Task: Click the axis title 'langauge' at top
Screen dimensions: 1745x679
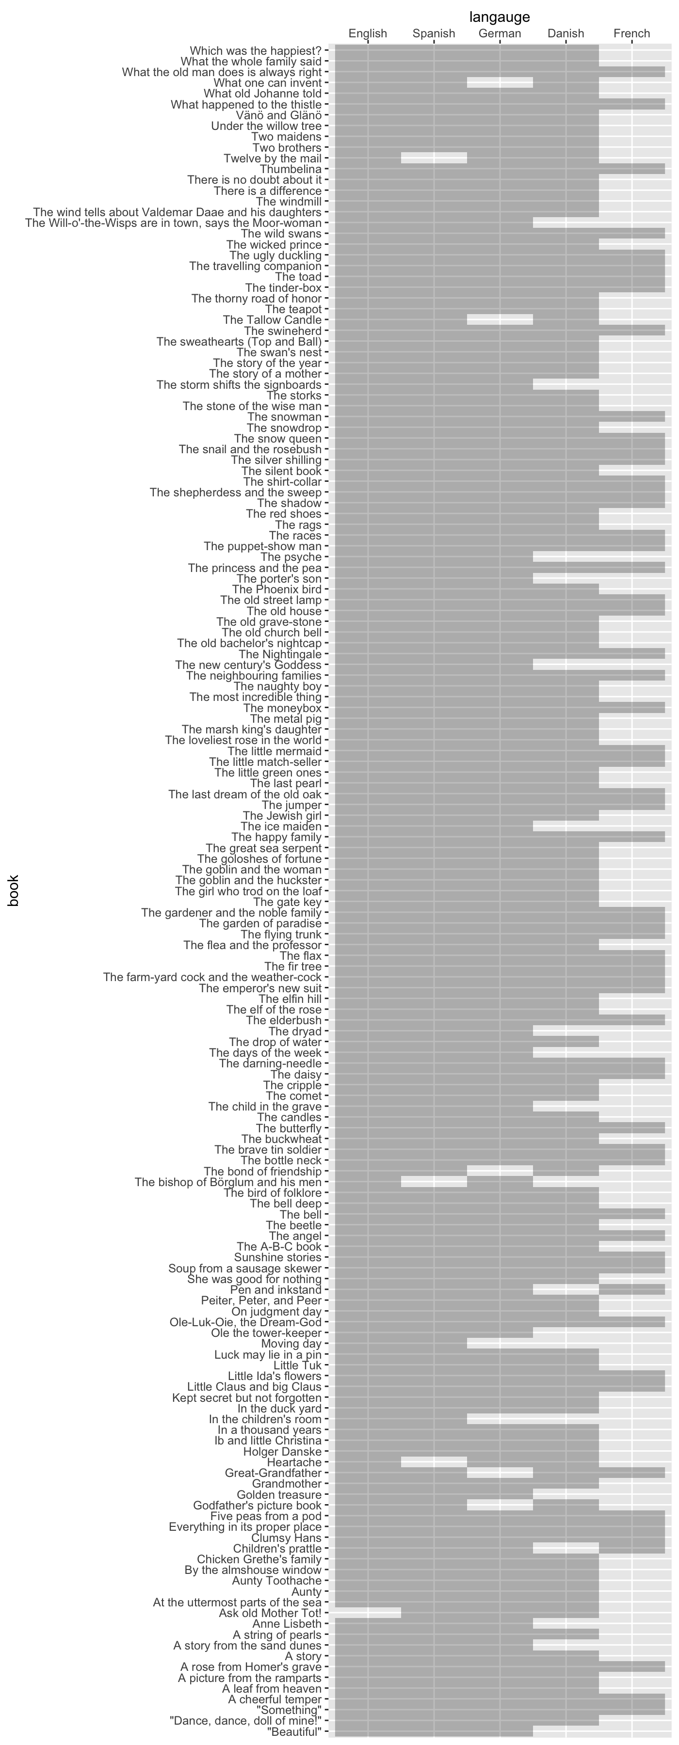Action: click(x=500, y=17)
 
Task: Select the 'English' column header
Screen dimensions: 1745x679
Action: click(x=368, y=33)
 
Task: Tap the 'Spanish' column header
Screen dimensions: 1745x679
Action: click(x=434, y=33)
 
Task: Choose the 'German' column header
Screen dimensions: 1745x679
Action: click(x=500, y=33)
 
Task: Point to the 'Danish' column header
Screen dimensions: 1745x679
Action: click(x=566, y=33)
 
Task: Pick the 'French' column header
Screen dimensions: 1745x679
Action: click(x=631, y=33)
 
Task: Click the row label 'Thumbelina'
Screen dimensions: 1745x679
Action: click(x=290, y=169)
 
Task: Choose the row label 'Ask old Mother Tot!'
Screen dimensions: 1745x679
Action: click(x=270, y=1614)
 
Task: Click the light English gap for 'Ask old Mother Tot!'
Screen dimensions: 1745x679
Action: click(x=368, y=1614)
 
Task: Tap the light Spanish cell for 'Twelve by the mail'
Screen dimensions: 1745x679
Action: click(x=434, y=159)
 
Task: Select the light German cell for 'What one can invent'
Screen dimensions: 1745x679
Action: click(x=500, y=82)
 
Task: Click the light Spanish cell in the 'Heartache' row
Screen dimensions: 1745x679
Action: click(x=434, y=1462)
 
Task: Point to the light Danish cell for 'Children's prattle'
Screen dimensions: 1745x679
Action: click(x=566, y=1549)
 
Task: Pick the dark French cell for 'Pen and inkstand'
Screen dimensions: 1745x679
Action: click(x=631, y=1290)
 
